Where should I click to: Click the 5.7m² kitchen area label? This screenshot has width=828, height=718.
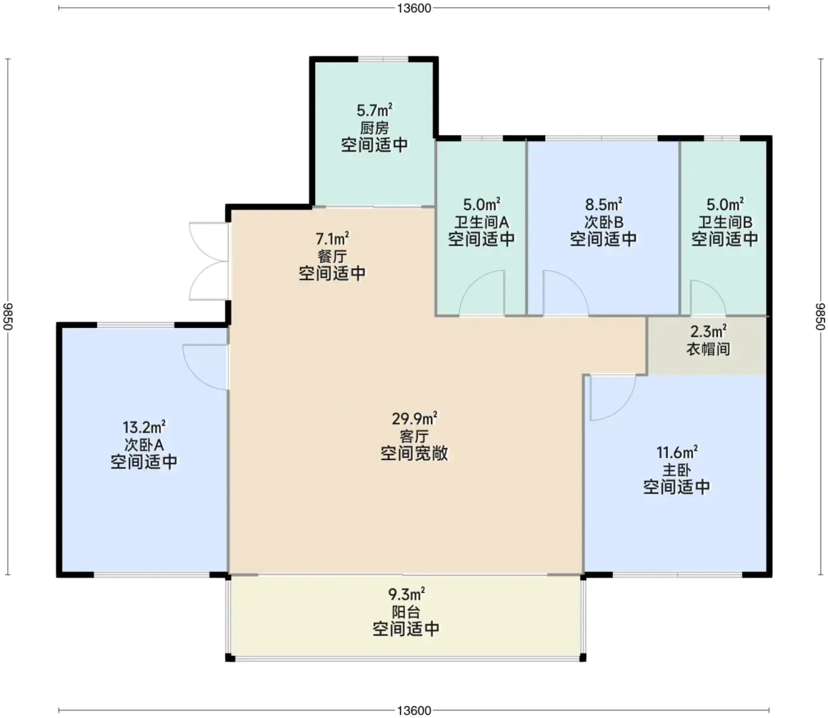(x=374, y=110)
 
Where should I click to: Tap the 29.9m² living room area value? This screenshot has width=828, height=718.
(x=414, y=418)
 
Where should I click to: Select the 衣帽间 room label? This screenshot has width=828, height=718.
(x=708, y=349)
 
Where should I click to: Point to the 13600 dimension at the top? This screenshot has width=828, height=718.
(x=414, y=8)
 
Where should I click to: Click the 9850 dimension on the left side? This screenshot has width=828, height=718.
(x=8, y=317)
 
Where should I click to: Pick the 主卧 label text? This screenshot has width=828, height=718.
(x=677, y=470)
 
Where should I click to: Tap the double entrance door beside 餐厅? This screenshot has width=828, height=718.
(x=209, y=262)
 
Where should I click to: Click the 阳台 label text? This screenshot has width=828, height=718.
(x=406, y=612)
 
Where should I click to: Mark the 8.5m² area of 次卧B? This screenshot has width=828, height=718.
(x=603, y=204)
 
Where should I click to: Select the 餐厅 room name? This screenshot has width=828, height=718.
(x=332, y=256)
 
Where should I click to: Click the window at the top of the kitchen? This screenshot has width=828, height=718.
(x=383, y=60)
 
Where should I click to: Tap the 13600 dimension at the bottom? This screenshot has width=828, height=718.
(x=414, y=710)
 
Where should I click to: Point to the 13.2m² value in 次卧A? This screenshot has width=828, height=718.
(x=144, y=427)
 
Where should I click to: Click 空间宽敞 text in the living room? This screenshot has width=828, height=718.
(x=414, y=453)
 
